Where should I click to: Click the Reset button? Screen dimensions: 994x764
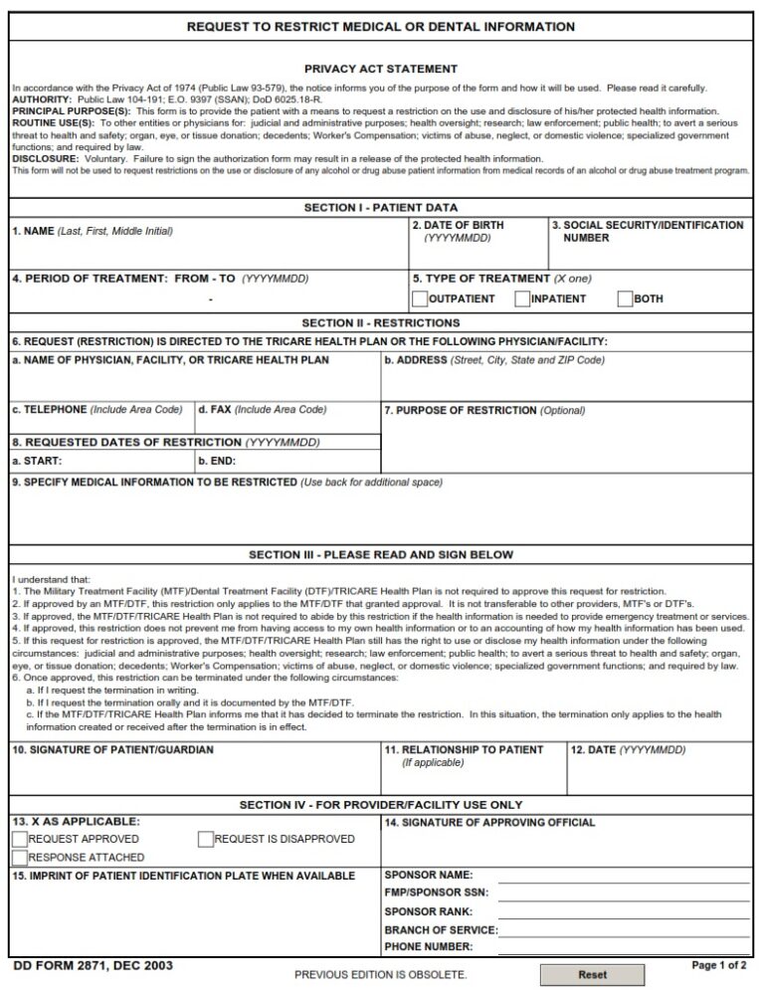[592, 975]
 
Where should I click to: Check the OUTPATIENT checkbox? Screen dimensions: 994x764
[420, 298]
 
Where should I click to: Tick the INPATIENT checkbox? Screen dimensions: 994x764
[522, 298]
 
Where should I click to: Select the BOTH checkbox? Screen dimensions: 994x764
[625, 298]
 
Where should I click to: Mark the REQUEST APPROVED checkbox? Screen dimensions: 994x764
[19, 839]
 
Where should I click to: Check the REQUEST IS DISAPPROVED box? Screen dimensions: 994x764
[206, 839]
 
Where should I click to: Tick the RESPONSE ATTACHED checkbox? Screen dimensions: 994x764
[19, 857]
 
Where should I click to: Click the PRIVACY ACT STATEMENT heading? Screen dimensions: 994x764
[381, 69]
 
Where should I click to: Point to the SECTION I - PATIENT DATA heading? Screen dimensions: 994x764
[381, 208]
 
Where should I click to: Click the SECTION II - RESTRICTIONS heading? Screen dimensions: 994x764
[381, 323]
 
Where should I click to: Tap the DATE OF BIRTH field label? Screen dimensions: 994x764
[458, 226]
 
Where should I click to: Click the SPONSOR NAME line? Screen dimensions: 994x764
[624, 876]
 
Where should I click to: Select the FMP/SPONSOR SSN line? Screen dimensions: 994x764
[624, 894]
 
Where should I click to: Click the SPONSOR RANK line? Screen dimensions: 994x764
[624, 911]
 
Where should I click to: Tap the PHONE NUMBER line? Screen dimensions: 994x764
[624, 947]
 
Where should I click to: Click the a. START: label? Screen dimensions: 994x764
[37, 462]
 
